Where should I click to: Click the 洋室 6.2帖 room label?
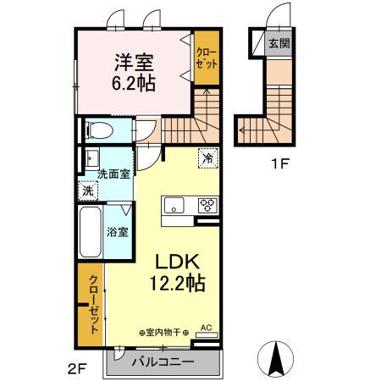pos(135,72)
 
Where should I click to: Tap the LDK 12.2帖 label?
pos(177,273)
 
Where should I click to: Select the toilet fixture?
pos(99,130)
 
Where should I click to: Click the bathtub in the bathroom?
pos(91,232)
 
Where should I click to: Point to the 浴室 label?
pos(118,232)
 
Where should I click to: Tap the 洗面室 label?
pos(113,174)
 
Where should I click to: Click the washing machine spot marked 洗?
pos(88,191)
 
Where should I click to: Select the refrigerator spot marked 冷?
pos(208,158)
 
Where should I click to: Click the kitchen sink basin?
pos(174,205)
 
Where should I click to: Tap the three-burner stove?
pos(207,205)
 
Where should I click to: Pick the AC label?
pos(207,328)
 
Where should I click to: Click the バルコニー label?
pos(163,362)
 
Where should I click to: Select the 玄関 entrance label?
pos(279,43)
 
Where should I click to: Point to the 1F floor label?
pos(280,163)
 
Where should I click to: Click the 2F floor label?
pos(77,368)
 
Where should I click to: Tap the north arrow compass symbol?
pos(275,359)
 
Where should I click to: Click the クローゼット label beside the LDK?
pos(94,305)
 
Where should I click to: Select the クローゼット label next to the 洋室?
pos(207,58)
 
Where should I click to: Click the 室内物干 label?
pos(163,333)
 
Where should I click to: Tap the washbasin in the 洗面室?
pos(92,158)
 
